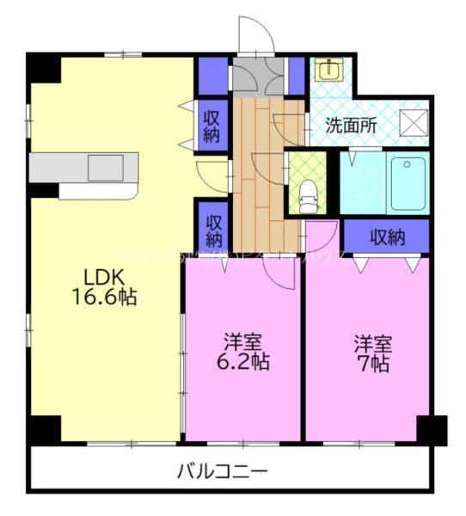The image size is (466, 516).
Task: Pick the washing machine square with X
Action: tap(415, 123)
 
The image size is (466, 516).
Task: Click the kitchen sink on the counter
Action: tap(107, 169)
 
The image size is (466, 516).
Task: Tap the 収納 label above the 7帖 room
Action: tap(387, 235)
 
